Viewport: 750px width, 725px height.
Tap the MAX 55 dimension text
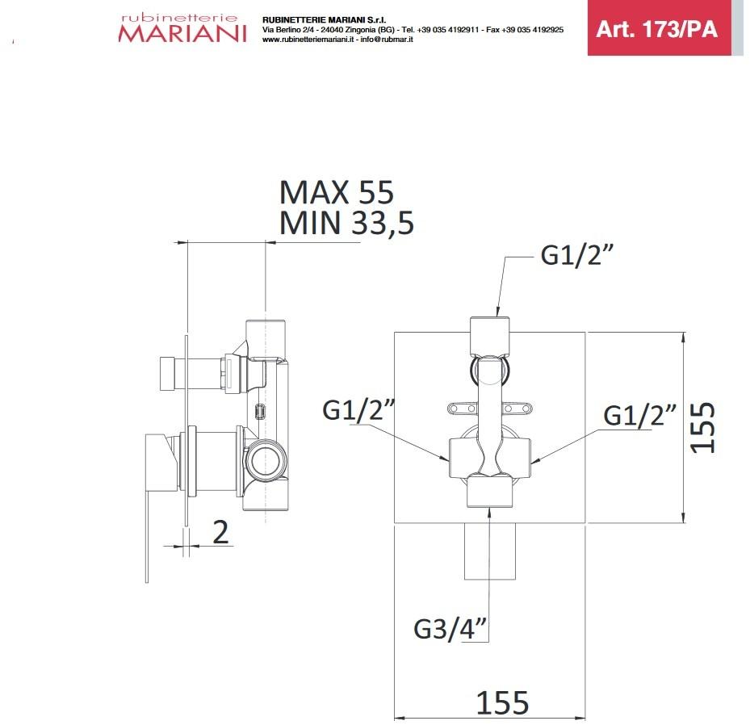click(x=336, y=193)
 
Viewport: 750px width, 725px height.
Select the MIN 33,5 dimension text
click(x=346, y=223)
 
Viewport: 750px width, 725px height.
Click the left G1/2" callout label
click(x=358, y=411)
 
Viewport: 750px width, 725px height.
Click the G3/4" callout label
click(x=452, y=627)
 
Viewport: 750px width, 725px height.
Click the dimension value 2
click(x=220, y=532)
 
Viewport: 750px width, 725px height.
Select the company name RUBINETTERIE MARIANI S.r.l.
click(x=313, y=19)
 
